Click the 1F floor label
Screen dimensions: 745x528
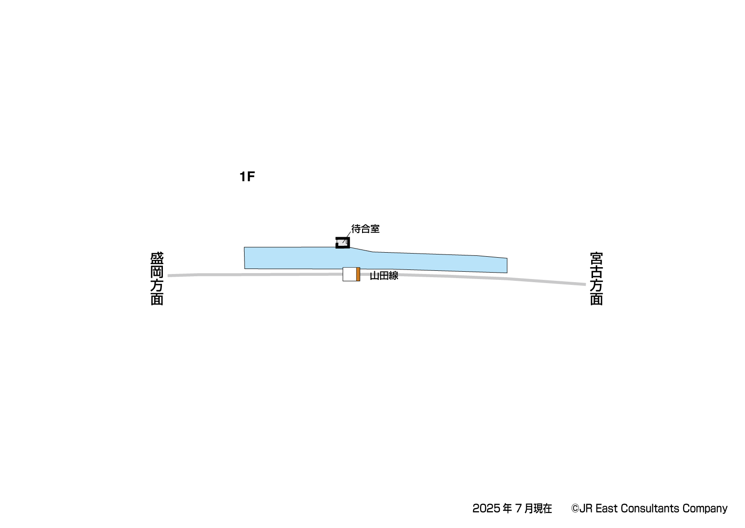[x=247, y=177]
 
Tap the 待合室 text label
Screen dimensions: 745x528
[x=366, y=229]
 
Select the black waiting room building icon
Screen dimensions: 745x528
[x=343, y=243]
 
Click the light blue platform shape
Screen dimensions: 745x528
[x=376, y=260]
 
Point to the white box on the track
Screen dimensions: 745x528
[x=349, y=274]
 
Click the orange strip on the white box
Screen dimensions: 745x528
[x=358, y=274]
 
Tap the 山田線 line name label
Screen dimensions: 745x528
[x=384, y=276]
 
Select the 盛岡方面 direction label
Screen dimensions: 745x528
[x=157, y=279]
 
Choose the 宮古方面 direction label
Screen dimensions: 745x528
[x=596, y=279]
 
